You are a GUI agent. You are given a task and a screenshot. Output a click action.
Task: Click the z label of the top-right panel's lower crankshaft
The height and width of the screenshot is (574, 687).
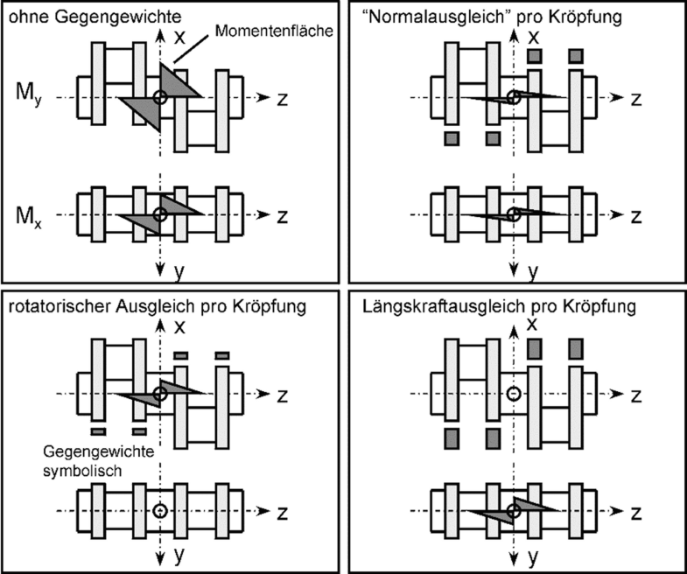[636, 215]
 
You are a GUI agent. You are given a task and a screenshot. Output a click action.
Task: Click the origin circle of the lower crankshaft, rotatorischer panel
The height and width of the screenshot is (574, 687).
[158, 511]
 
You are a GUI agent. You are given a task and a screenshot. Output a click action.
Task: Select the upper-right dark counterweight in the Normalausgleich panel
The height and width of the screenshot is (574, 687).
[576, 57]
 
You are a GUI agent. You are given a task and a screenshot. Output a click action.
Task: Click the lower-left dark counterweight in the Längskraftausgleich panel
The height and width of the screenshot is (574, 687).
[452, 437]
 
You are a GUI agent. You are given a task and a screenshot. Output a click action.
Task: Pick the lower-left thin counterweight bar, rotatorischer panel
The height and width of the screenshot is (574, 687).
[97, 430]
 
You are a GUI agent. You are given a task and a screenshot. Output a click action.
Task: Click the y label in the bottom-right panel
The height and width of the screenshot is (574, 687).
[532, 555]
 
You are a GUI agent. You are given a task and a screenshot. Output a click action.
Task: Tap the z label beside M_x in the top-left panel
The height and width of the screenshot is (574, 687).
[282, 215]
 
